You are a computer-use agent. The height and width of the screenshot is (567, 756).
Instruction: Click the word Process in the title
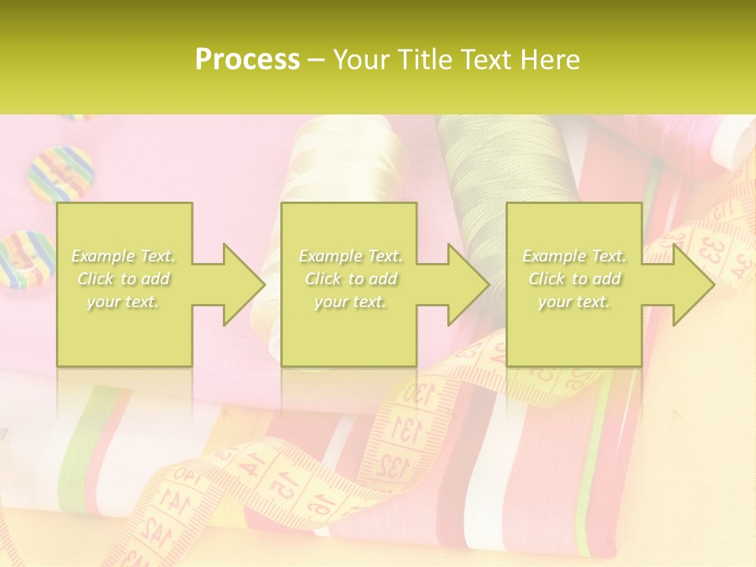(247, 59)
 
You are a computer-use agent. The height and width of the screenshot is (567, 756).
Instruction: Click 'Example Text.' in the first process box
(124, 256)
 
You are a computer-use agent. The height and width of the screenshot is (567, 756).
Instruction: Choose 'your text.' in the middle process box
(350, 302)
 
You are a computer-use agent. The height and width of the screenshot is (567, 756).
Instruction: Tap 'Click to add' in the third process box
(575, 279)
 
